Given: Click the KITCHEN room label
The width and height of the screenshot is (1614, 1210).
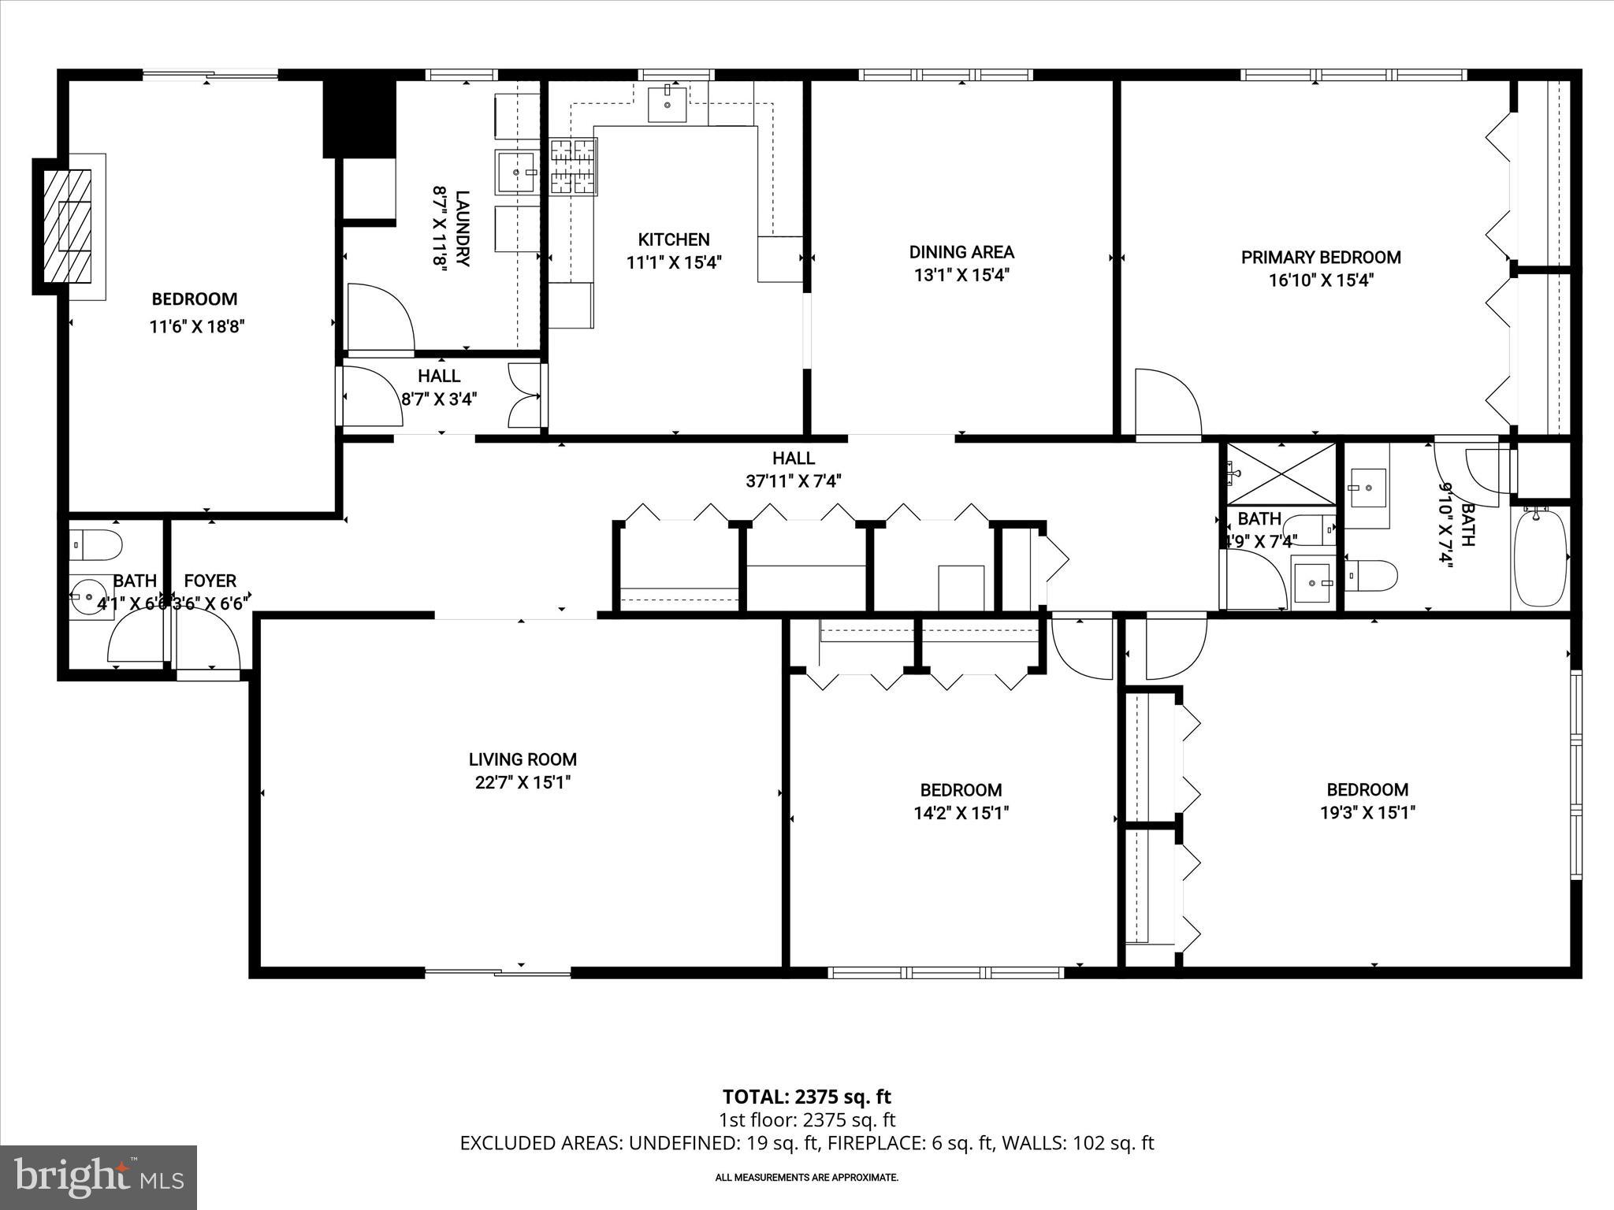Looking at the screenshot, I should pyautogui.click(x=673, y=239).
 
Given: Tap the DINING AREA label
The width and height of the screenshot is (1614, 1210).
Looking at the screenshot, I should pyautogui.click(x=961, y=252).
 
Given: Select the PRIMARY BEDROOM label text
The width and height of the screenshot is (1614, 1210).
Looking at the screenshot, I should pyautogui.click(x=1321, y=258).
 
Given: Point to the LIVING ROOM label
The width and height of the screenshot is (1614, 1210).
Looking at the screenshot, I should pyautogui.click(x=523, y=759).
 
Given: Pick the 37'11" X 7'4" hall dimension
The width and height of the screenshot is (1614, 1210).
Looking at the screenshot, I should pyautogui.click(x=793, y=481).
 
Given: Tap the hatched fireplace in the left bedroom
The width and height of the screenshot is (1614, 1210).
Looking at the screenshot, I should pyautogui.click(x=67, y=226).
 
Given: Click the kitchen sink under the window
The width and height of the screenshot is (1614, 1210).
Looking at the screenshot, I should pyautogui.click(x=667, y=105).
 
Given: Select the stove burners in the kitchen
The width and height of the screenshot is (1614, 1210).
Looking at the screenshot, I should pyautogui.click(x=573, y=166).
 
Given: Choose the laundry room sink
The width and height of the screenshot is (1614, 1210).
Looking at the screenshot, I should pyautogui.click(x=517, y=172).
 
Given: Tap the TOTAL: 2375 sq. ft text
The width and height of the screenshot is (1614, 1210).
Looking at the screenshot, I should pyautogui.click(x=806, y=1097).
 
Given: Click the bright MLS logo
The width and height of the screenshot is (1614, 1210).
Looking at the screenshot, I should pyautogui.click(x=99, y=1177).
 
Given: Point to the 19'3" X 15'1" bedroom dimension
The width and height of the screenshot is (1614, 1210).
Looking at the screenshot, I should pyautogui.click(x=1367, y=812).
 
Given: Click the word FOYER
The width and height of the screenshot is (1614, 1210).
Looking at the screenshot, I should pyautogui.click(x=210, y=581).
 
